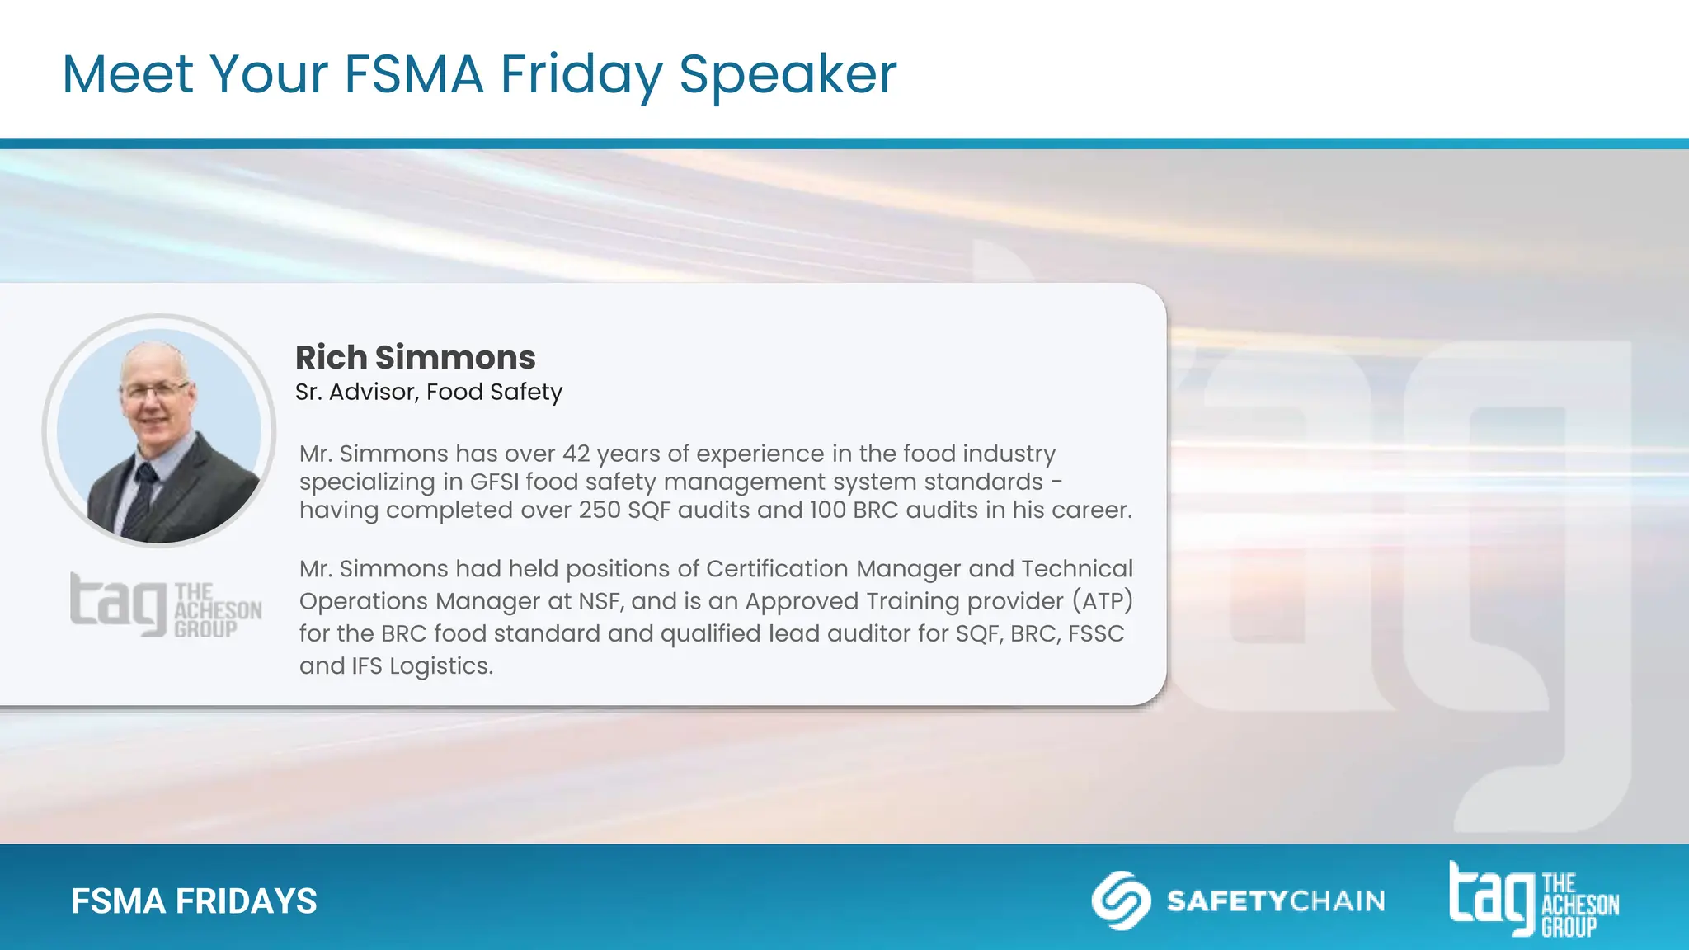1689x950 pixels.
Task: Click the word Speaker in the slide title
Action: click(x=788, y=75)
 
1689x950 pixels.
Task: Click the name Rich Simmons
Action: click(x=416, y=358)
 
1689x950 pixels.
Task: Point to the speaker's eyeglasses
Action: click(x=155, y=388)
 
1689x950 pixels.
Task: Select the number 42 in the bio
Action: click(x=576, y=454)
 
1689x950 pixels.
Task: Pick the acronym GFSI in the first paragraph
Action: click(x=494, y=482)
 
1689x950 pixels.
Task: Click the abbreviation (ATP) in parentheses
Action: click(x=1103, y=600)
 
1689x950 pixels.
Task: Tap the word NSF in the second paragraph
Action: click(x=597, y=600)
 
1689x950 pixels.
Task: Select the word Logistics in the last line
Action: click(x=441, y=665)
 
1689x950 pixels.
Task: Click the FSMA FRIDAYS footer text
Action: click(x=194, y=901)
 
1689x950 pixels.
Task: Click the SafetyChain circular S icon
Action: click(x=1121, y=901)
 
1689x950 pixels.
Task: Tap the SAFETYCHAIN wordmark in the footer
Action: click(x=1276, y=901)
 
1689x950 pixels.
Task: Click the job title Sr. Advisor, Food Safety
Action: click(x=429, y=392)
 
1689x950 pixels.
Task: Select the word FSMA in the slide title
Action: click(x=413, y=75)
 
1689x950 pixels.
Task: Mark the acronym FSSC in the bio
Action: click(x=1096, y=633)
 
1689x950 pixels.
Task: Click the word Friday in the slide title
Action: click(x=581, y=75)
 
